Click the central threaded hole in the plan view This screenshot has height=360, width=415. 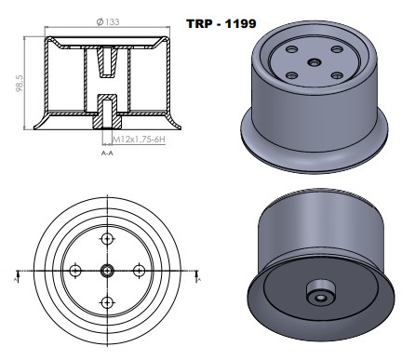(x=108, y=270)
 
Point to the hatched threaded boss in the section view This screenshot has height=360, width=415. (x=108, y=115)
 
